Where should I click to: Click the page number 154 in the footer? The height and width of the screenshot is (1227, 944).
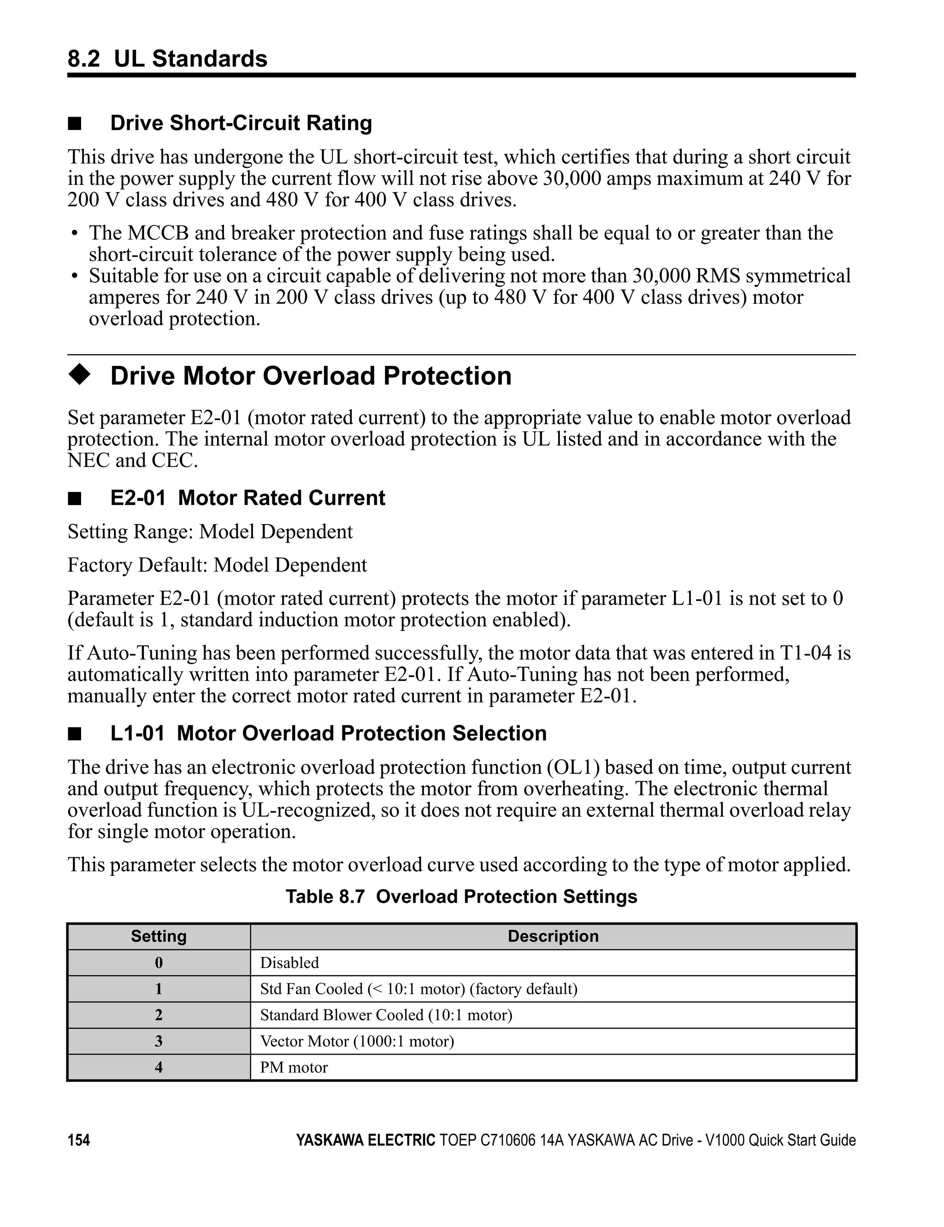79,1140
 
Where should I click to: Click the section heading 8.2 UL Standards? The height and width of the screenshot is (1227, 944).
167,59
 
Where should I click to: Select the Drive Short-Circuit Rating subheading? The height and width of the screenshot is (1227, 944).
241,123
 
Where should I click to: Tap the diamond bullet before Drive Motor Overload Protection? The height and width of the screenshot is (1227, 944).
79,375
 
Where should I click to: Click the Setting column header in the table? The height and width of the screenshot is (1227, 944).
159,936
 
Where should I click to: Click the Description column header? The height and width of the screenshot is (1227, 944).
553,936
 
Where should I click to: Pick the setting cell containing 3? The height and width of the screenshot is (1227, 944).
159,1042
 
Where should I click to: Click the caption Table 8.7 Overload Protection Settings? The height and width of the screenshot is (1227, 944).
461,896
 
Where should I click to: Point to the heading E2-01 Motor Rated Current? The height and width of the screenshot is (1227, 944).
247,498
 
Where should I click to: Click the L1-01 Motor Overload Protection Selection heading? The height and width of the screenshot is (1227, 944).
328,733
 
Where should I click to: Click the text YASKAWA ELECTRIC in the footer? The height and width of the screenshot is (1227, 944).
365,1140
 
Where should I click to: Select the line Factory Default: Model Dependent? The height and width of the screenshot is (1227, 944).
217,565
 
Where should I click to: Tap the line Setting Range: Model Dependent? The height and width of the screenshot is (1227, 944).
210,531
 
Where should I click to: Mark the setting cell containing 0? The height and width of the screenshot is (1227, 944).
159,963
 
